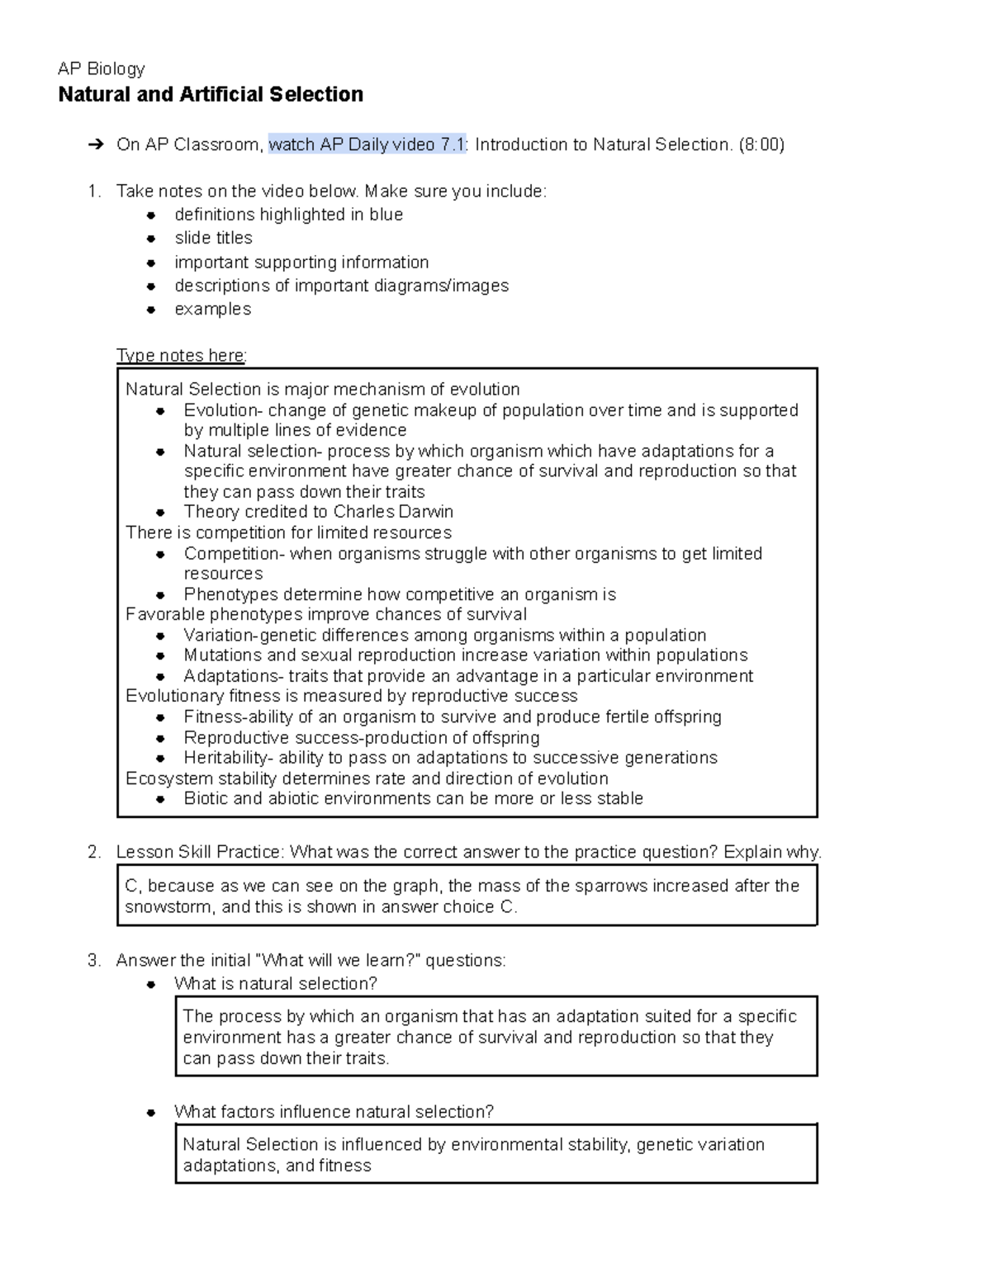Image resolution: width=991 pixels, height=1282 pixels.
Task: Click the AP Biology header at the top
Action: coord(101,69)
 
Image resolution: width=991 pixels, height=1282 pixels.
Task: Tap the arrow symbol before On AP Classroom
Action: coord(96,145)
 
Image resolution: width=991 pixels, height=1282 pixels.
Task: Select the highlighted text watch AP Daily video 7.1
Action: coord(367,145)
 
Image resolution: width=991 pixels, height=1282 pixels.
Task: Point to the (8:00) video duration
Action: coord(761,145)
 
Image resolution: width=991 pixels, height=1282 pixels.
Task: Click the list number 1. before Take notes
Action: coord(94,192)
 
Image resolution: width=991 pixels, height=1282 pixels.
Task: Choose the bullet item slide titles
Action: coord(213,239)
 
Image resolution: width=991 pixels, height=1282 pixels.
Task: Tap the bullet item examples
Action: coord(212,310)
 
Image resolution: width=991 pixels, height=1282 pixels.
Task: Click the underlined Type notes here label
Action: coord(181,356)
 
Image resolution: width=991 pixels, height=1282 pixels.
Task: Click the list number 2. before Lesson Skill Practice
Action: coord(94,853)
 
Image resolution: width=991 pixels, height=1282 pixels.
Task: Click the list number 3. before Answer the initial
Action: coord(94,961)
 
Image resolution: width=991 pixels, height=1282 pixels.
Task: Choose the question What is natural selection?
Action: coord(275,984)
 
